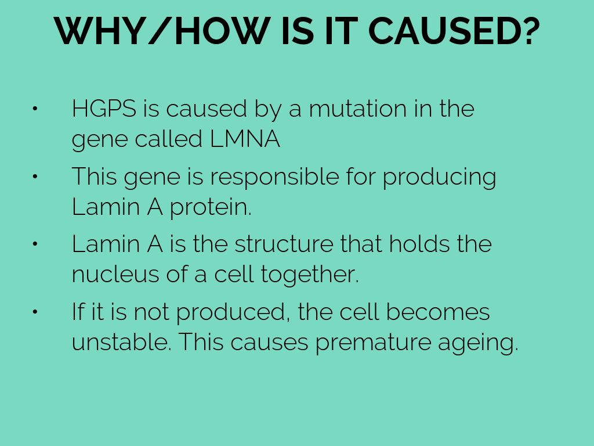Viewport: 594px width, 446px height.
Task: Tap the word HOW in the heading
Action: click(x=222, y=31)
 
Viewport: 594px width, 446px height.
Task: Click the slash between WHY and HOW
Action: click(x=159, y=31)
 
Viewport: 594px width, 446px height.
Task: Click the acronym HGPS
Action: click(x=104, y=109)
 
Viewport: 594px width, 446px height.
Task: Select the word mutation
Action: click(x=358, y=109)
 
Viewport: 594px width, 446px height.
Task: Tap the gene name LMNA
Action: click(x=245, y=139)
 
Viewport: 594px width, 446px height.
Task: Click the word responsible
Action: click(x=274, y=177)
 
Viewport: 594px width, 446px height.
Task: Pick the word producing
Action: click(x=440, y=177)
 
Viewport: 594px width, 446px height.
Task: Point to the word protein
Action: click(x=210, y=207)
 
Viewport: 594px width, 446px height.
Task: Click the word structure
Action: click(x=284, y=244)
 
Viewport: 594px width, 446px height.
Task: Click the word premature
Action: click(x=373, y=343)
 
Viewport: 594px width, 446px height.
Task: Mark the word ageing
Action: click(x=478, y=343)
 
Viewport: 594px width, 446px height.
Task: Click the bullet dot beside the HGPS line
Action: click(x=35, y=109)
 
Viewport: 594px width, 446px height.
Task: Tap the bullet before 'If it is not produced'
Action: click(x=35, y=312)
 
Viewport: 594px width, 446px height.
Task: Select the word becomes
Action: click(x=438, y=311)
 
